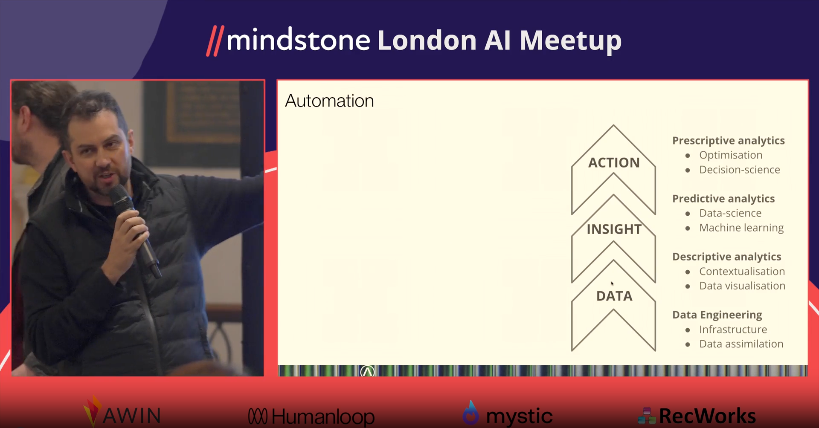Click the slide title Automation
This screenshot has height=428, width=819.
(329, 101)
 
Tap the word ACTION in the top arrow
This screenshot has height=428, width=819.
(614, 162)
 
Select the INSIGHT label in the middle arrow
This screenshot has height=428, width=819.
(614, 229)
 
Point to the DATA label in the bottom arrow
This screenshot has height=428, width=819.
(614, 296)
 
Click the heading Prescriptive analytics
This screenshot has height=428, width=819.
(728, 141)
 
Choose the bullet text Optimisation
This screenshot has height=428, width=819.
(731, 155)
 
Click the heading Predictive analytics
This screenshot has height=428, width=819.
(723, 199)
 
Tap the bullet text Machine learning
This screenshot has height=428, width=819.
(741, 228)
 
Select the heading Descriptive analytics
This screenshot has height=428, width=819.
(727, 257)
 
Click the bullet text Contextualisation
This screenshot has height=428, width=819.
(742, 271)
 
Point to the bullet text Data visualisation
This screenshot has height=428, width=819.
(742, 286)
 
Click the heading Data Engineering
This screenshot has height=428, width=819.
(717, 315)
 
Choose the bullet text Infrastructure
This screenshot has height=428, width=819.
(733, 329)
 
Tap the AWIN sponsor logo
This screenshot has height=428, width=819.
(122, 413)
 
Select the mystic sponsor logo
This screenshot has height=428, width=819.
(508, 414)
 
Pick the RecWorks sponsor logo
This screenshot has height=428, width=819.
(697, 416)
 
